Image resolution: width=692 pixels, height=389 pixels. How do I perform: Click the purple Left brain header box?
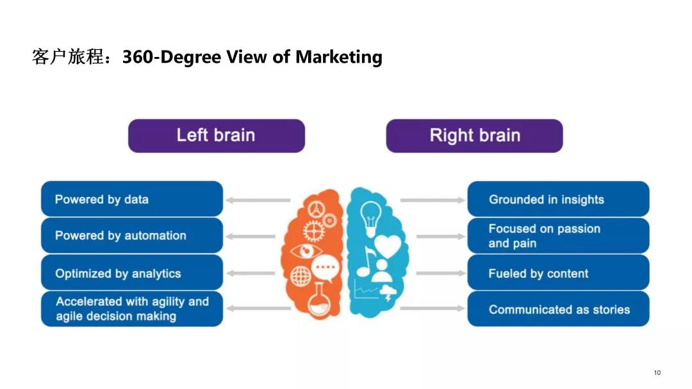pos(216,136)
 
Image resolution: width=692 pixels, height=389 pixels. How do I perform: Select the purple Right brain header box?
pos(474,136)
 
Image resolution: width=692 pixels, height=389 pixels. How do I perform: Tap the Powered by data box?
pos(132,199)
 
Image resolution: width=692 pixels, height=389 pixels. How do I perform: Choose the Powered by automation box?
pos(132,235)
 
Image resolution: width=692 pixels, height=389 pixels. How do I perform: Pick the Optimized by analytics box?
pos(132,273)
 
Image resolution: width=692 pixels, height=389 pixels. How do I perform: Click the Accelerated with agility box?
pos(132,309)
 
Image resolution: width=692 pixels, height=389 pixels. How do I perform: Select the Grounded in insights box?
pos(558,199)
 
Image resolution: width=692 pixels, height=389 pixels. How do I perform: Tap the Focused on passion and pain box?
pos(558,235)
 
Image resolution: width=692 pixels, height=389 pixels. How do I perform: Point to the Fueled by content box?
pos(558,273)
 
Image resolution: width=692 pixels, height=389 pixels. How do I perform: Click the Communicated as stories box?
pos(558,309)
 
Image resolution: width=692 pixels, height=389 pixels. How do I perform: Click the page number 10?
pos(657,373)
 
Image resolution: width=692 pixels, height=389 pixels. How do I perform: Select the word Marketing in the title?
pos(338,57)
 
